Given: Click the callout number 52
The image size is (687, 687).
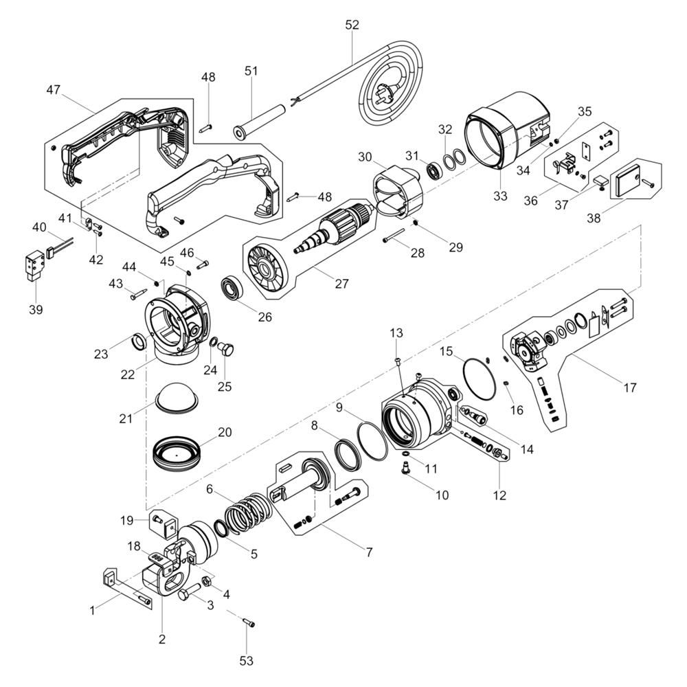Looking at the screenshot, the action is point(352,25).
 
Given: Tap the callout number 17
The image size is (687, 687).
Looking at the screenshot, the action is point(629,387).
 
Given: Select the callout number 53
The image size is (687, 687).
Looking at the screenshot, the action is point(246,660).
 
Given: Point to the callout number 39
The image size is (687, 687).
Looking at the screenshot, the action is point(36,310).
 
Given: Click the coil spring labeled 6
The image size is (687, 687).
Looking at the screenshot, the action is point(249,513).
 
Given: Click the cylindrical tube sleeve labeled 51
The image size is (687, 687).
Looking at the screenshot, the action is point(260,122).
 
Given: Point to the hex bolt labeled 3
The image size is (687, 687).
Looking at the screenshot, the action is point(190,592).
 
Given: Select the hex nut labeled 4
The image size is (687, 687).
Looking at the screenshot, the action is point(206,581).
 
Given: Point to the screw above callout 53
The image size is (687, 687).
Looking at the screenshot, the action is point(249,621).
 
